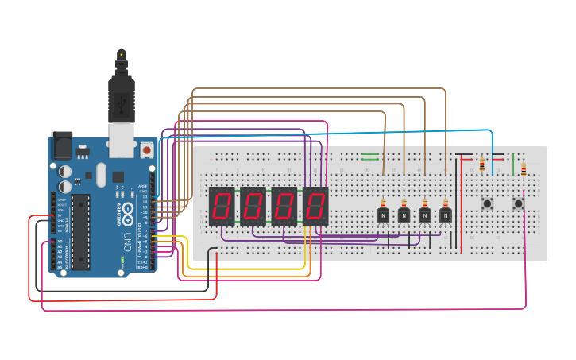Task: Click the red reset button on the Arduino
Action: click(x=146, y=149)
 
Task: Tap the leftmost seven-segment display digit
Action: click(x=221, y=206)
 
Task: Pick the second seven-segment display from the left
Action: click(x=253, y=206)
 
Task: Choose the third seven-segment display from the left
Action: click(x=284, y=206)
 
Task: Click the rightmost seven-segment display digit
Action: click(x=315, y=206)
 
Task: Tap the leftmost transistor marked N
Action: click(x=383, y=215)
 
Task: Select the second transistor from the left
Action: click(x=404, y=215)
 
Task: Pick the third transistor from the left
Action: click(x=424, y=215)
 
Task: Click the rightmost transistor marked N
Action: click(x=445, y=215)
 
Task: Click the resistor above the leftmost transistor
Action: click(x=383, y=203)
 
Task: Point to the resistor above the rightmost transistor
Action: click(x=445, y=203)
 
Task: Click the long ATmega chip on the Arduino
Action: click(x=79, y=230)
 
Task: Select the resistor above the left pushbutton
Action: click(x=482, y=165)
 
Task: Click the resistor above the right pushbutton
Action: click(x=524, y=168)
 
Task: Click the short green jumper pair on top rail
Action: click(x=370, y=156)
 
